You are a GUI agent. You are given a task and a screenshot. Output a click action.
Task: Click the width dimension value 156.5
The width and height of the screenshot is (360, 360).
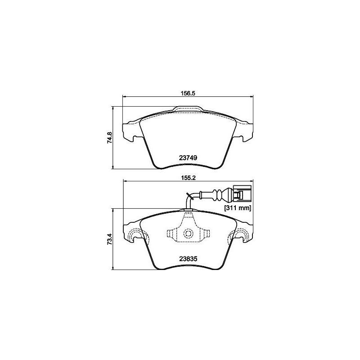(x=187, y=94)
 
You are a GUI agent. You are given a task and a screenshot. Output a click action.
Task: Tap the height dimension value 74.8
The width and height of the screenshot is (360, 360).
(x=109, y=137)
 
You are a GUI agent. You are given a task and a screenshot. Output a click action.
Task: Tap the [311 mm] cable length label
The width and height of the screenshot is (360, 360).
(x=237, y=208)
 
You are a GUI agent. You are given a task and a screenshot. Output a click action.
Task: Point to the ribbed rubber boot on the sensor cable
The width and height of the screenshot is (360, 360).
(x=218, y=196)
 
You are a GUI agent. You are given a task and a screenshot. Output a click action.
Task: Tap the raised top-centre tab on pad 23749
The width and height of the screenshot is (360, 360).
(x=189, y=109)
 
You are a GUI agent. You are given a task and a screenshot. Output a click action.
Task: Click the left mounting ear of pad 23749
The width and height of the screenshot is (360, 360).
(x=130, y=130)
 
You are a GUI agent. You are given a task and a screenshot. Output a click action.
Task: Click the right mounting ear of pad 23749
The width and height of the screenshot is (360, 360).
(x=246, y=130)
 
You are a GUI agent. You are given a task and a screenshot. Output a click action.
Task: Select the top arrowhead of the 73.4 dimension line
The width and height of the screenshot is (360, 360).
(x=113, y=210)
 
